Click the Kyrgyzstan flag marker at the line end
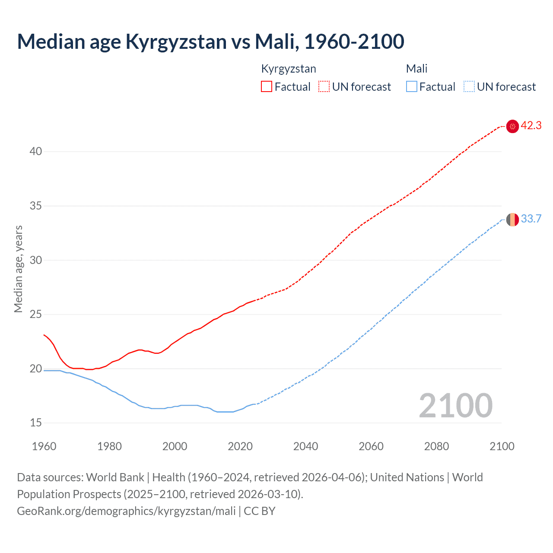512,126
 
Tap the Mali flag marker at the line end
512,219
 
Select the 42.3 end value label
531,126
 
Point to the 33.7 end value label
531,219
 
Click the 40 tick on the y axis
36,151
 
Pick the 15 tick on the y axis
36,423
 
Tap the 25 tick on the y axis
36,314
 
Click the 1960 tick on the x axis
44,446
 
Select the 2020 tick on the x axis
240,446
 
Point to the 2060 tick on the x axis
371,446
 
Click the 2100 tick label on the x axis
502,446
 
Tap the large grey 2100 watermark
455,406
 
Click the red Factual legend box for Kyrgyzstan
267,86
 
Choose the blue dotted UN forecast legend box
469,86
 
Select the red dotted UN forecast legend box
324,86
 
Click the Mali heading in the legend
416,69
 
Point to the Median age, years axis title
18,269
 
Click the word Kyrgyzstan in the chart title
176,42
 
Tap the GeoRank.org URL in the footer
126,511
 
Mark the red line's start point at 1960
44,334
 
